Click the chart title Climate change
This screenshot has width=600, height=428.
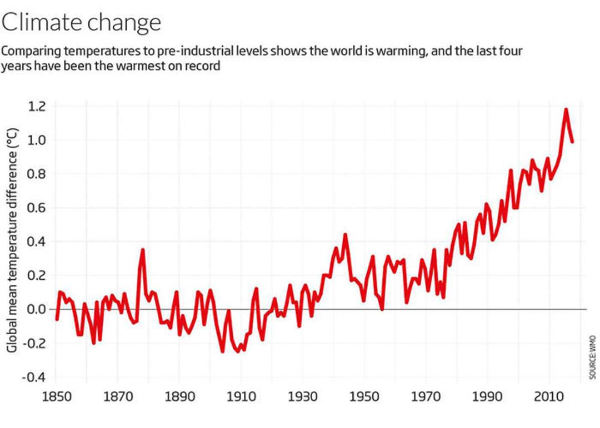[81, 23]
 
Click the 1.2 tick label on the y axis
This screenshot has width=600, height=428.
[36, 106]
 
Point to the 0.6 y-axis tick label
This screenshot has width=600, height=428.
[36, 208]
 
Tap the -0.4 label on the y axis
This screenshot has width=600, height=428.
[34, 377]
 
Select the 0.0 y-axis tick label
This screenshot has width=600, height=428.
[36, 309]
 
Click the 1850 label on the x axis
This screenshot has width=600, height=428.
[57, 397]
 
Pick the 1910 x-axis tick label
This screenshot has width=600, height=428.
[241, 397]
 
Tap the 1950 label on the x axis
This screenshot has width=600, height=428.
[364, 397]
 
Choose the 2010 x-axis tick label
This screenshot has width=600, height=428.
[549, 397]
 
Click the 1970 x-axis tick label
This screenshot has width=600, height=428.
[426, 397]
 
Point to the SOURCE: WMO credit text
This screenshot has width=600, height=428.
[593, 357]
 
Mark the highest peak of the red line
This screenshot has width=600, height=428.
[566, 110]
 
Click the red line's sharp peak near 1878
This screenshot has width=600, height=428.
[143, 249]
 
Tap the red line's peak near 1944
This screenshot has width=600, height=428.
[345, 234]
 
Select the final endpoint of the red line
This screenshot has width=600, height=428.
[572, 142]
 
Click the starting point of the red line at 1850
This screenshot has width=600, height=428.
[57, 319]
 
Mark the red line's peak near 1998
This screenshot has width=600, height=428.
[511, 170]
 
